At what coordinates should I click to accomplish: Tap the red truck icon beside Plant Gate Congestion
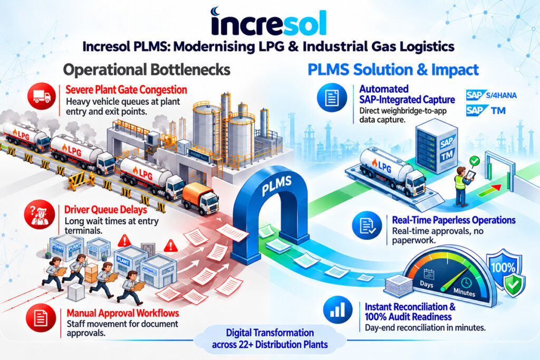(x=42, y=96)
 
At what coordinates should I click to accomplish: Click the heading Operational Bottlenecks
(x=147, y=70)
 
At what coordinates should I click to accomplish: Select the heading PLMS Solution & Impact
(x=393, y=70)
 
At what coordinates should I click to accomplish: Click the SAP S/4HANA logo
(x=491, y=95)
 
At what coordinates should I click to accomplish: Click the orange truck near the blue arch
(x=200, y=199)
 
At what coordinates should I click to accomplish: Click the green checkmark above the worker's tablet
(x=475, y=161)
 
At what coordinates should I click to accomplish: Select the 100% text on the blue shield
(x=503, y=268)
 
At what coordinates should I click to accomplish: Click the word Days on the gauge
(x=426, y=284)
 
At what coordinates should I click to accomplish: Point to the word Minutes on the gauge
(x=464, y=292)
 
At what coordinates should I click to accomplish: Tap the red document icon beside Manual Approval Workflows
(x=41, y=318)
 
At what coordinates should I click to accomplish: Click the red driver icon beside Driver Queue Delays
(x=40, y=215)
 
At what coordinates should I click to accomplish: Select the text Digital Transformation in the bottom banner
(x=270, y=333)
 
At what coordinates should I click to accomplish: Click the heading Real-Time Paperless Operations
(x=454, y=220)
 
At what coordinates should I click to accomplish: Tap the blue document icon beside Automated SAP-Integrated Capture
(x=332, y=98)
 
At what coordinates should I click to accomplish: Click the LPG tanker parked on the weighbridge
(x=392, y=168)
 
